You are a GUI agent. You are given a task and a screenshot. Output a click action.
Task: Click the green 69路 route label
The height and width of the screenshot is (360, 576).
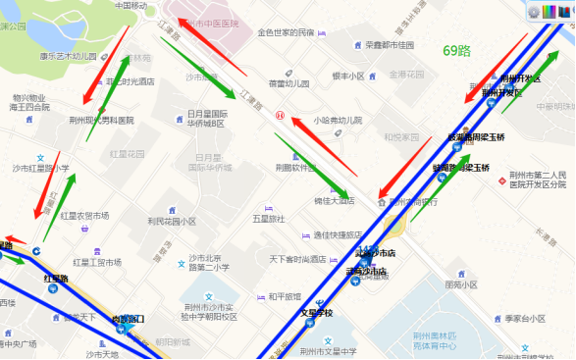pos(458,50)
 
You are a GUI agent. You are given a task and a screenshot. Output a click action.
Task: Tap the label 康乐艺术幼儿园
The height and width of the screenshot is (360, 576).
pos(68,56)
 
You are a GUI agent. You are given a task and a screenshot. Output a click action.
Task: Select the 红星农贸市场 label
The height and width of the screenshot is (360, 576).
pos(84,215)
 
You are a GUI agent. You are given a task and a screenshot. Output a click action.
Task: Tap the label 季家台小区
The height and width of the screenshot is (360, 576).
pos(525,319)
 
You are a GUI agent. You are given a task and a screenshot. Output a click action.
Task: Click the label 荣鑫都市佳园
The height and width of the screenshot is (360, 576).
pos(391,45)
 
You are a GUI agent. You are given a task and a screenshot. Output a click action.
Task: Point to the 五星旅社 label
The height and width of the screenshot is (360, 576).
pos(267,218)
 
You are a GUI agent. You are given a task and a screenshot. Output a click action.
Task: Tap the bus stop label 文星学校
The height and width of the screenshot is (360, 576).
pos(316,314)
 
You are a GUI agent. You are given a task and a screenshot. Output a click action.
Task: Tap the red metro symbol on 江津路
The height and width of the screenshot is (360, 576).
pos(280,116)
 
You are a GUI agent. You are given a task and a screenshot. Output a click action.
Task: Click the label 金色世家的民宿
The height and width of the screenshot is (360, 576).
pos(287,32)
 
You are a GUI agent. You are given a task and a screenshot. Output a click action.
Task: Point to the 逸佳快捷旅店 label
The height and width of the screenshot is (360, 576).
pos(338,235)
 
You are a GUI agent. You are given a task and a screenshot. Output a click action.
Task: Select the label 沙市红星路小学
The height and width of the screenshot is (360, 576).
pos(41,168)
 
